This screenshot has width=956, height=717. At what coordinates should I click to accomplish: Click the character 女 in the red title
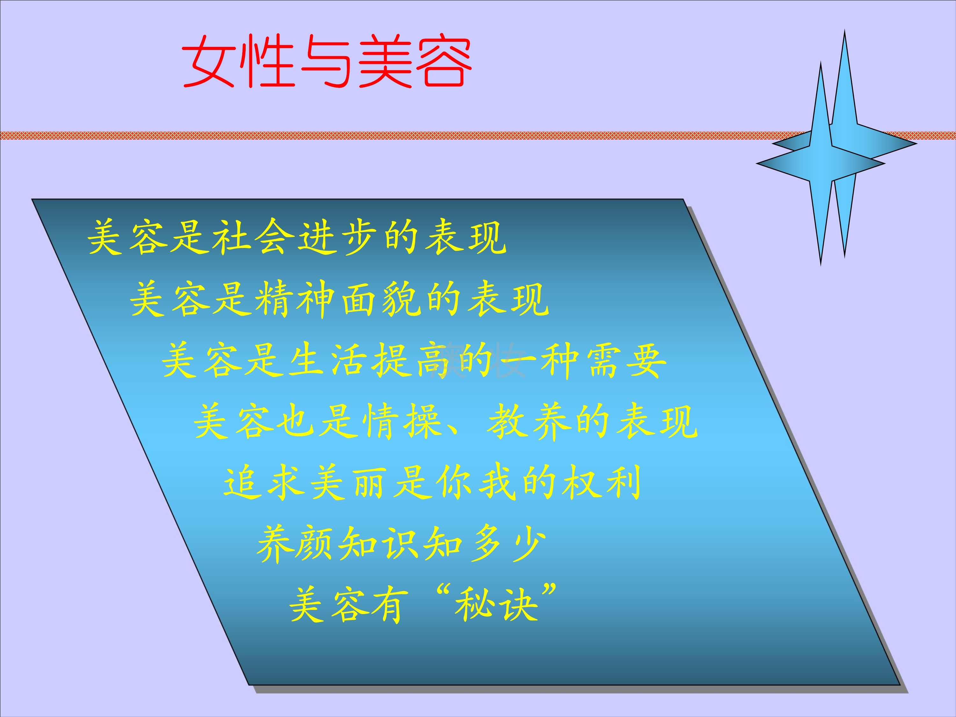[x=209, y=62]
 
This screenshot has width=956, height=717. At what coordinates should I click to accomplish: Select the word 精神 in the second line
[x=295, y=299]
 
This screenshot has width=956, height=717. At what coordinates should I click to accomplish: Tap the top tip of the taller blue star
[x=844, y=30]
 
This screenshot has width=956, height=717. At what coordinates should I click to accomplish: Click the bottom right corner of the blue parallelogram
[x=900, y=685]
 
